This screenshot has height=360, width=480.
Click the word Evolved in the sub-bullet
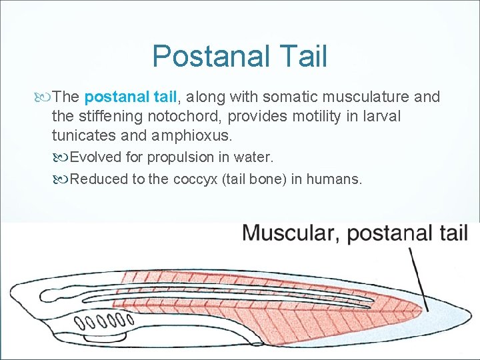click(93, 158)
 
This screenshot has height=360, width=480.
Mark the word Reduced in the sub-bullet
click(96, 179)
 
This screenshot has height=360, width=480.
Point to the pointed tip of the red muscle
click(423, 308)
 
